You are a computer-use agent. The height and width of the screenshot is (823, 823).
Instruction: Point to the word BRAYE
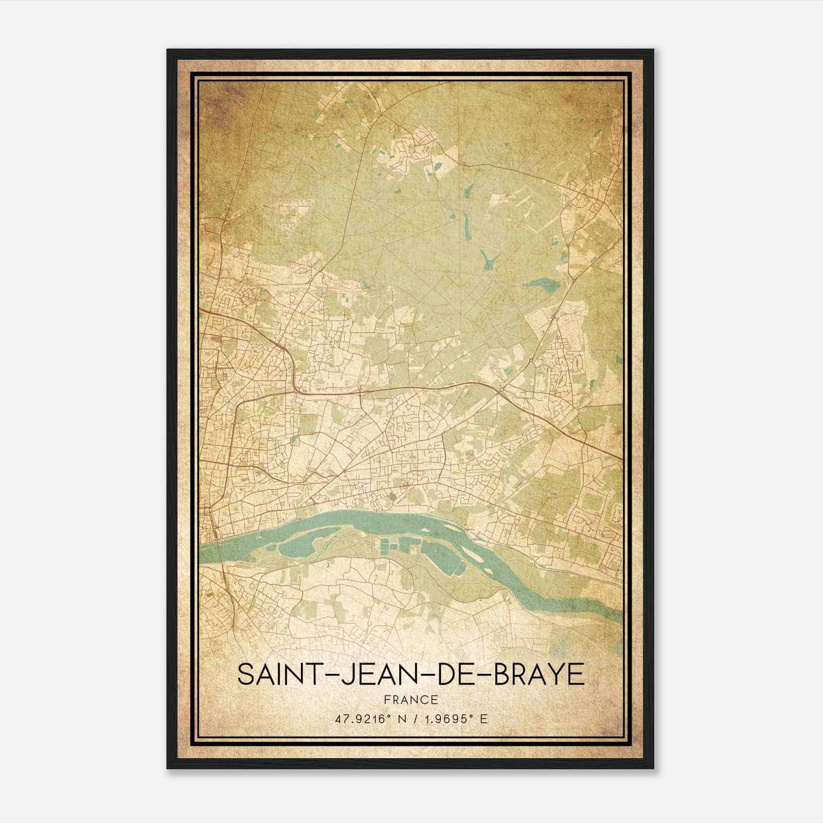tap(539, 674)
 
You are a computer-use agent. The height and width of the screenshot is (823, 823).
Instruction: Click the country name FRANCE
tap(410, 700)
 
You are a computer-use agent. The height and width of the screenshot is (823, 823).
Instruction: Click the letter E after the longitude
tap(484, 719)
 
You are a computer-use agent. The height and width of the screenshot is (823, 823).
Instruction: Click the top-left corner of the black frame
tap(168, 50)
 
